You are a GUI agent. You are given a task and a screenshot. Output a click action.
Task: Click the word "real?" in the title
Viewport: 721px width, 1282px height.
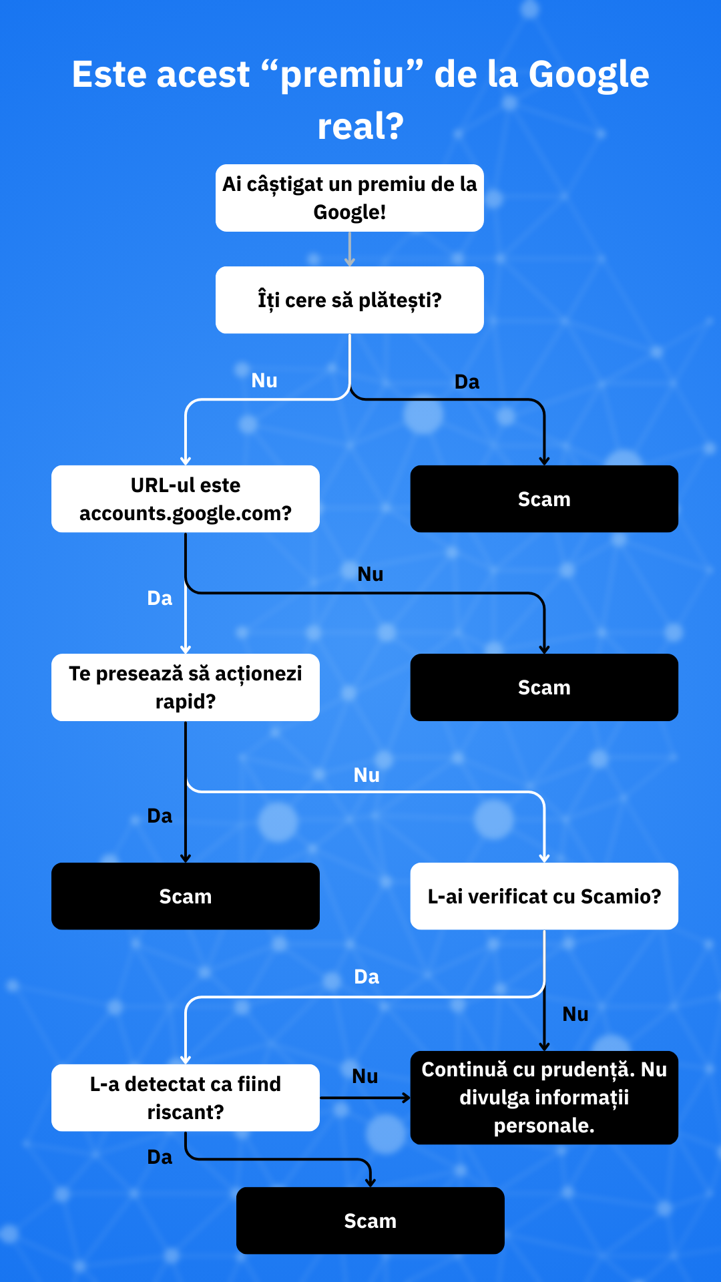(x=360, y=126)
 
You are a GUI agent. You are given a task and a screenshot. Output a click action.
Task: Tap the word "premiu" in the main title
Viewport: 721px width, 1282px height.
(x=342, y=74)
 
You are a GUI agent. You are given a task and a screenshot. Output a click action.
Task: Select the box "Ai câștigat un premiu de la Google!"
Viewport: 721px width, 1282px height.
(x=349, y=198)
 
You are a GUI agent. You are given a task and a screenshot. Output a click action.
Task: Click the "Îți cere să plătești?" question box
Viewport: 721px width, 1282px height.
(x=349, y=300)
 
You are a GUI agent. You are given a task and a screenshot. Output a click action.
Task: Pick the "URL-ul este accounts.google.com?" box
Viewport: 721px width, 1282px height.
(x=185, y=499)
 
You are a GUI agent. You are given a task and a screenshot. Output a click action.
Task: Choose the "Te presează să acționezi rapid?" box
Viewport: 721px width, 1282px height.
(x=185, y=687)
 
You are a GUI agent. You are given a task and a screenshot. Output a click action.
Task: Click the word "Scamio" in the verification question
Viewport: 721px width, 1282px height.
(x=620, y=896)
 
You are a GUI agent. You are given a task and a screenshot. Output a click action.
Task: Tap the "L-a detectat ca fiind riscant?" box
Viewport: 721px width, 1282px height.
(x=185, y=1098)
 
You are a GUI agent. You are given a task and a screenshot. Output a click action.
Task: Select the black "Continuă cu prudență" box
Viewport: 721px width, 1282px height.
(x=544, y=1098)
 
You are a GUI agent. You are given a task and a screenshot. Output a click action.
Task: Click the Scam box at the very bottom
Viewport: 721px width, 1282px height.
(x=370, y=1221)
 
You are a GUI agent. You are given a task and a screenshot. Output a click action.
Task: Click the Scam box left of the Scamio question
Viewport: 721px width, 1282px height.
(x=185, y=896)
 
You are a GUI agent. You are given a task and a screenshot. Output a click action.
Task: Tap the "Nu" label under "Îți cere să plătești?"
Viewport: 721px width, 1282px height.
(x=264, y=381)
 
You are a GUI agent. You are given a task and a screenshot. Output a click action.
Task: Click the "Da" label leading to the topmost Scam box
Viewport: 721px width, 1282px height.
(x=467, y=382)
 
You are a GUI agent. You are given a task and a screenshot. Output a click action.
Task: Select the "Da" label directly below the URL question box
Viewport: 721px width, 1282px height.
(x=160, y=598)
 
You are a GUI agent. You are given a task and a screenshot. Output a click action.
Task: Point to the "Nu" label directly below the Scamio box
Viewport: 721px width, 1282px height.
(x=575, y=1014)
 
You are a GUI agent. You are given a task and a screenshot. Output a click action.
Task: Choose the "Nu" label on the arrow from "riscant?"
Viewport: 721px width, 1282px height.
(x=365, y=1076)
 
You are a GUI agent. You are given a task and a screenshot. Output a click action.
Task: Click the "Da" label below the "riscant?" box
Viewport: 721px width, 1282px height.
(x=160, y=1157)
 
